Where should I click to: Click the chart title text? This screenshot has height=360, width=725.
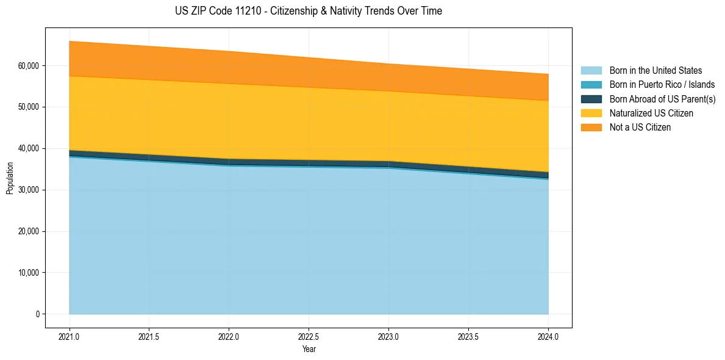[x=309, y=11]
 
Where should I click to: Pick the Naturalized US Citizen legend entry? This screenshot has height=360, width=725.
[x=651, y=113]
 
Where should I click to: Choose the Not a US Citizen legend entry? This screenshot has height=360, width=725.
[x=640, y=128]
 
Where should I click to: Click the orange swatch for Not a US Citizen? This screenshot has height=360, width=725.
[x=591, y=128]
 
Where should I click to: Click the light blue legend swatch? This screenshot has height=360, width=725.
[x=591, y=71]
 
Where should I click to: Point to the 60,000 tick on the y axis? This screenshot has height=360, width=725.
[x=28, y=66]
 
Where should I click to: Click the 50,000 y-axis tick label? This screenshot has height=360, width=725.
[x=28, y=107]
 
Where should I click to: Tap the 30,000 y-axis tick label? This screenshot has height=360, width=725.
[x=28, y=190]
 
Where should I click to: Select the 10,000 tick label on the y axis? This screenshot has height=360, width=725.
[x=28, y=273]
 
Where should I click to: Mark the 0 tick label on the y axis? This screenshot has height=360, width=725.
[x=37, y=314]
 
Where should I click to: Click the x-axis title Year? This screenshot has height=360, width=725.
[x=309, y=349]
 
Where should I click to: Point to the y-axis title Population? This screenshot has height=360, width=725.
[x=10, y=178]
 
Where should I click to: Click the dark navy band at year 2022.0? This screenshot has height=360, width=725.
[x=229, y=162]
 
